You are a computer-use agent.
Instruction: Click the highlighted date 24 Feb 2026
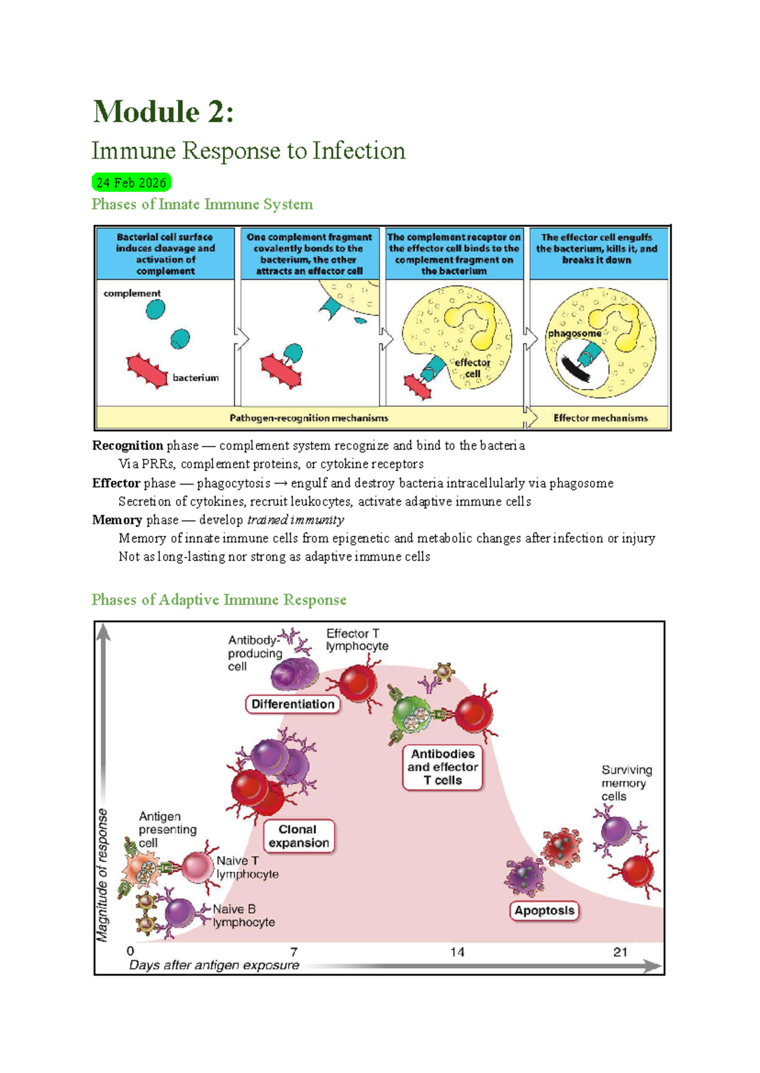coord(131,182)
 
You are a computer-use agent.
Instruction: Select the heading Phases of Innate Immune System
coord(202,204)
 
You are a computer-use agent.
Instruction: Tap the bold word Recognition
coord(127,445)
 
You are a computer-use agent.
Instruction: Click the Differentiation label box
coord(293,704)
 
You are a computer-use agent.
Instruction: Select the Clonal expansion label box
coord(299,836)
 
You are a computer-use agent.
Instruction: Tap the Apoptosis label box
coord(545,910)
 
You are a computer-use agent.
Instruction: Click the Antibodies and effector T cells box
coord(443,767)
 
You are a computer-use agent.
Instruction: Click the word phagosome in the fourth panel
coord(574,333)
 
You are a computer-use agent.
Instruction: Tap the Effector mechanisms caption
coord(600,418)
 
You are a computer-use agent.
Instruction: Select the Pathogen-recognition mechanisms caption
coord(309,418)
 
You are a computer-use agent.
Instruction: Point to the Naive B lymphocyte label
coord(244,915)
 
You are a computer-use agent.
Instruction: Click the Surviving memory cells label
coord(626,783)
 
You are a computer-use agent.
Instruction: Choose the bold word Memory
coord(117,520)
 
